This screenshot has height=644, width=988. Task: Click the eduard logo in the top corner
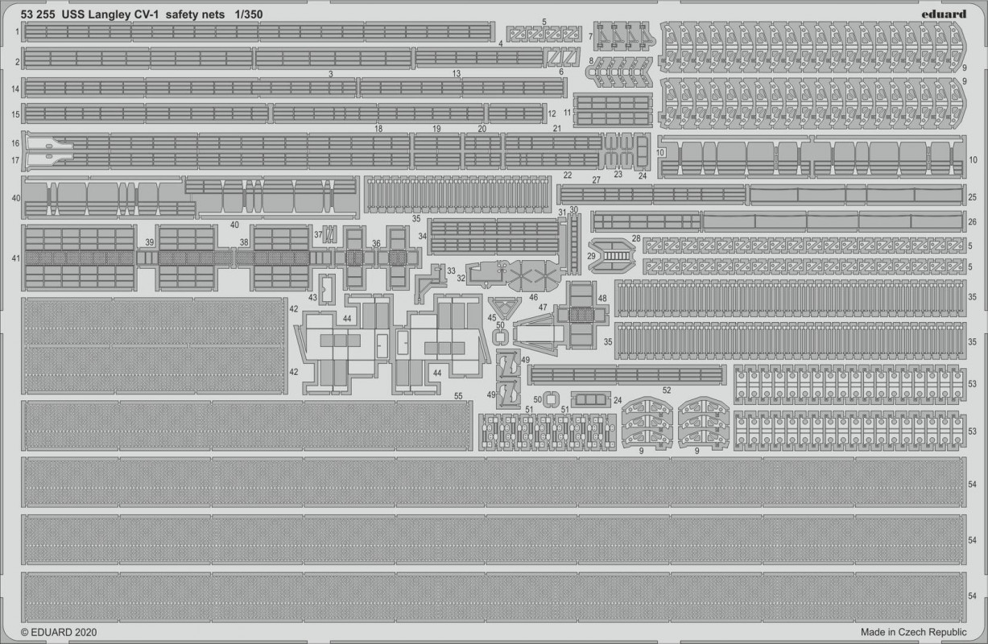[x=944, y=14]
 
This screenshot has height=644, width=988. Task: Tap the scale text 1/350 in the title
[x=248, y=14]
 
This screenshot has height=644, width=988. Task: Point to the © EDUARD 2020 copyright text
[x=59, y=632]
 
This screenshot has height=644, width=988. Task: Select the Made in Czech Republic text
[x=913, y=632]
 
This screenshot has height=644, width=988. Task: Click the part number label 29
[x=591, y=256]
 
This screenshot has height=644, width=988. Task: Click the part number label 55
[x=458, y=396]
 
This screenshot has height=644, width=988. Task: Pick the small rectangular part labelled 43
[x=327, y=289]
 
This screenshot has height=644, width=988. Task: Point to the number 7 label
[x=590, y=36]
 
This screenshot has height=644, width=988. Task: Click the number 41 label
[x=15, y=258]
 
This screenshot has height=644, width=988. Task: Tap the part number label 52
[x=667, y=390]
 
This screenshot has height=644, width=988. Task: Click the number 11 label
[x=567, y=113]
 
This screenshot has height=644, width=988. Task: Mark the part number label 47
[x=543, y=307]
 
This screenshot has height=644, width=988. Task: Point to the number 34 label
[x=423, y=236]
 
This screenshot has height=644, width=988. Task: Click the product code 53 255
[x=38, y=14]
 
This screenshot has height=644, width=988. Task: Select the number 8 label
[x=591, y=60]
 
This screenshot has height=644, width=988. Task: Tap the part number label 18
[x=378, y=129]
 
